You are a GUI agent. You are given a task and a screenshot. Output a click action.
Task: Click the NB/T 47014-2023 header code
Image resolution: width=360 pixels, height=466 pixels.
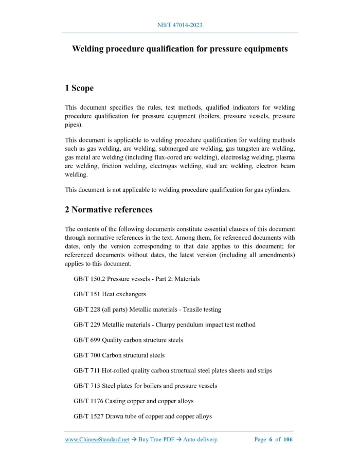pos(179,25)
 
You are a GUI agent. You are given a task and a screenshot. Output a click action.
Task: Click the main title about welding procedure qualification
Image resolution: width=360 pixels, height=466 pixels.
pos(179,49)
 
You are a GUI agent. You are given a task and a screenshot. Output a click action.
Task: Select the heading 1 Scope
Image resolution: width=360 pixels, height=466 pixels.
pos(79,88)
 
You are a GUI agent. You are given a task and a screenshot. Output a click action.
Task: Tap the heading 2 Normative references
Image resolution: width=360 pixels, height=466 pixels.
pos(109,209)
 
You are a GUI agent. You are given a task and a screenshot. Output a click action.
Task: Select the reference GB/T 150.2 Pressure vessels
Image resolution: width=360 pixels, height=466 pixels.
pos(136,279)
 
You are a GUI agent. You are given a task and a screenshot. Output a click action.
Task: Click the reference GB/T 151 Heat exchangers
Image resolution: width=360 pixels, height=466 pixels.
pos(110,294)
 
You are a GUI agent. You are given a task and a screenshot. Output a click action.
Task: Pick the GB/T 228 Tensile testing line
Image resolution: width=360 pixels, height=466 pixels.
pos(147,310)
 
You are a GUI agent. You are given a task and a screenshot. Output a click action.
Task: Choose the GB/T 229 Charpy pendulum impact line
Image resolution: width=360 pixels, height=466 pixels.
pos(164,325)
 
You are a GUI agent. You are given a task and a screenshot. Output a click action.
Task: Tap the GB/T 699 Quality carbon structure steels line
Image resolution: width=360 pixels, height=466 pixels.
pos(128,340)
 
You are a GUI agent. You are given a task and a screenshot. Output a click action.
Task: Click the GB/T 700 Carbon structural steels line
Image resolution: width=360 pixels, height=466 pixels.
pos(119,355)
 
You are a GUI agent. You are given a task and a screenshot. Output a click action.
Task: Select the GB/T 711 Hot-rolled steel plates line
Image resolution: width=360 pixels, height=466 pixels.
pos(172,370)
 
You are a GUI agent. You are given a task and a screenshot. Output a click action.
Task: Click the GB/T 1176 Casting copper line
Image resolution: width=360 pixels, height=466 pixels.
pos(133,401)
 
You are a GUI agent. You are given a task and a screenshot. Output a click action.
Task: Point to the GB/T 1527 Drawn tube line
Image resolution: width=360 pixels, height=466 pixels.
pos(142,416)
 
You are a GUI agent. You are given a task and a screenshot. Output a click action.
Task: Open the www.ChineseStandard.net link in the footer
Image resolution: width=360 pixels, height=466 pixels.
pos(97,440)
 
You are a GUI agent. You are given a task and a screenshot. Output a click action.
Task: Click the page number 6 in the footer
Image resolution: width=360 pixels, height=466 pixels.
pos(271,440)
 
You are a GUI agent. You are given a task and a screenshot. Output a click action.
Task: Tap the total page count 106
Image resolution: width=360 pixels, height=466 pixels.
pos(287,440)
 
